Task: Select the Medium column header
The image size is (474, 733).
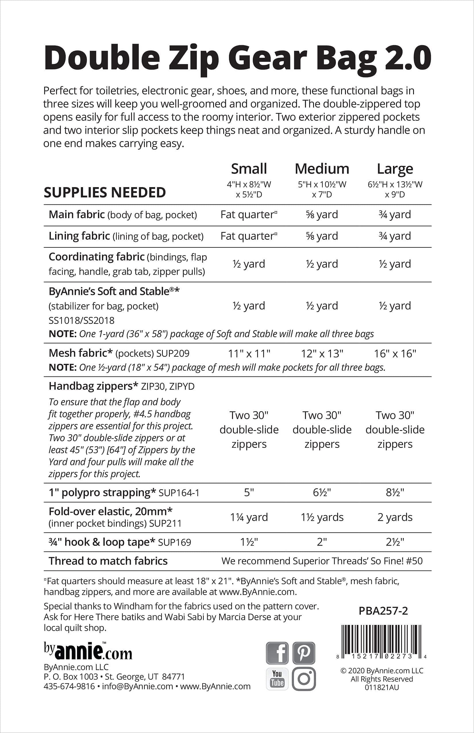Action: point(322,169)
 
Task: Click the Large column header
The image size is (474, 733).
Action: point(395,169)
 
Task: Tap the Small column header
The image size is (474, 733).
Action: point(249,169)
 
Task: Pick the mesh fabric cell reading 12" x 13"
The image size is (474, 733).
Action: point(322,354)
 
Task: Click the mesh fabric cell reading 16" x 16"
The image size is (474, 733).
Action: point(395,354)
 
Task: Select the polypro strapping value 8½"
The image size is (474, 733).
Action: point(395,492)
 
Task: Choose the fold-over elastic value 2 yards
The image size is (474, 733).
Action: point(395,517)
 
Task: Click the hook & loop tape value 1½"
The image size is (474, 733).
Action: point(249,542)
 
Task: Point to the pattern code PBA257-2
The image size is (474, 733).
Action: point(383,611)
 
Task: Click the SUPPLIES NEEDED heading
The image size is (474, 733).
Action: point(105,193)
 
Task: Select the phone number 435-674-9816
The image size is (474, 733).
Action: point(69,686)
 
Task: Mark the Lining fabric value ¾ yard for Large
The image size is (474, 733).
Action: point(395,236)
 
